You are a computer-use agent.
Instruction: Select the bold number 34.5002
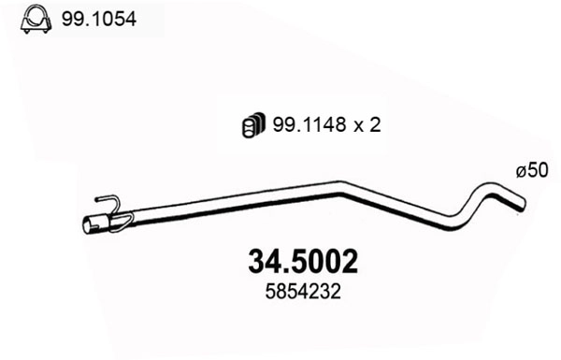point(303,263)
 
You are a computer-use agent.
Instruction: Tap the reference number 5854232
point(303,292)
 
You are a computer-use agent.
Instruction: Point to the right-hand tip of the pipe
point(522,203)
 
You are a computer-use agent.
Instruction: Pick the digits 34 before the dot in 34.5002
point(263,263)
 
